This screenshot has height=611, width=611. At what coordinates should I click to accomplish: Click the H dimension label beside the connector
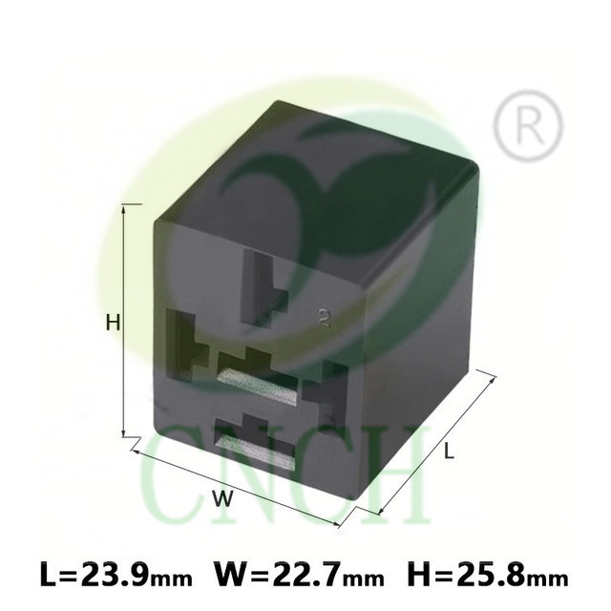pyautogui.click(x=113, y=323)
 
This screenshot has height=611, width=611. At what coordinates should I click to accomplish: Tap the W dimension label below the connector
pyautogui.click(x=222, y=498)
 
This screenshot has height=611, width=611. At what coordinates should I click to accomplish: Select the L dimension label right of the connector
pyautogui.click(x=450, y=452)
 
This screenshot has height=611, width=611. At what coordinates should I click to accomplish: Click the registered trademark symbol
pyautogui.click(x=528, y=125)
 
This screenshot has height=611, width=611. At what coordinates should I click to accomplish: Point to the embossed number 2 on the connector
pyautogui.click(x=324, y=317)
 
